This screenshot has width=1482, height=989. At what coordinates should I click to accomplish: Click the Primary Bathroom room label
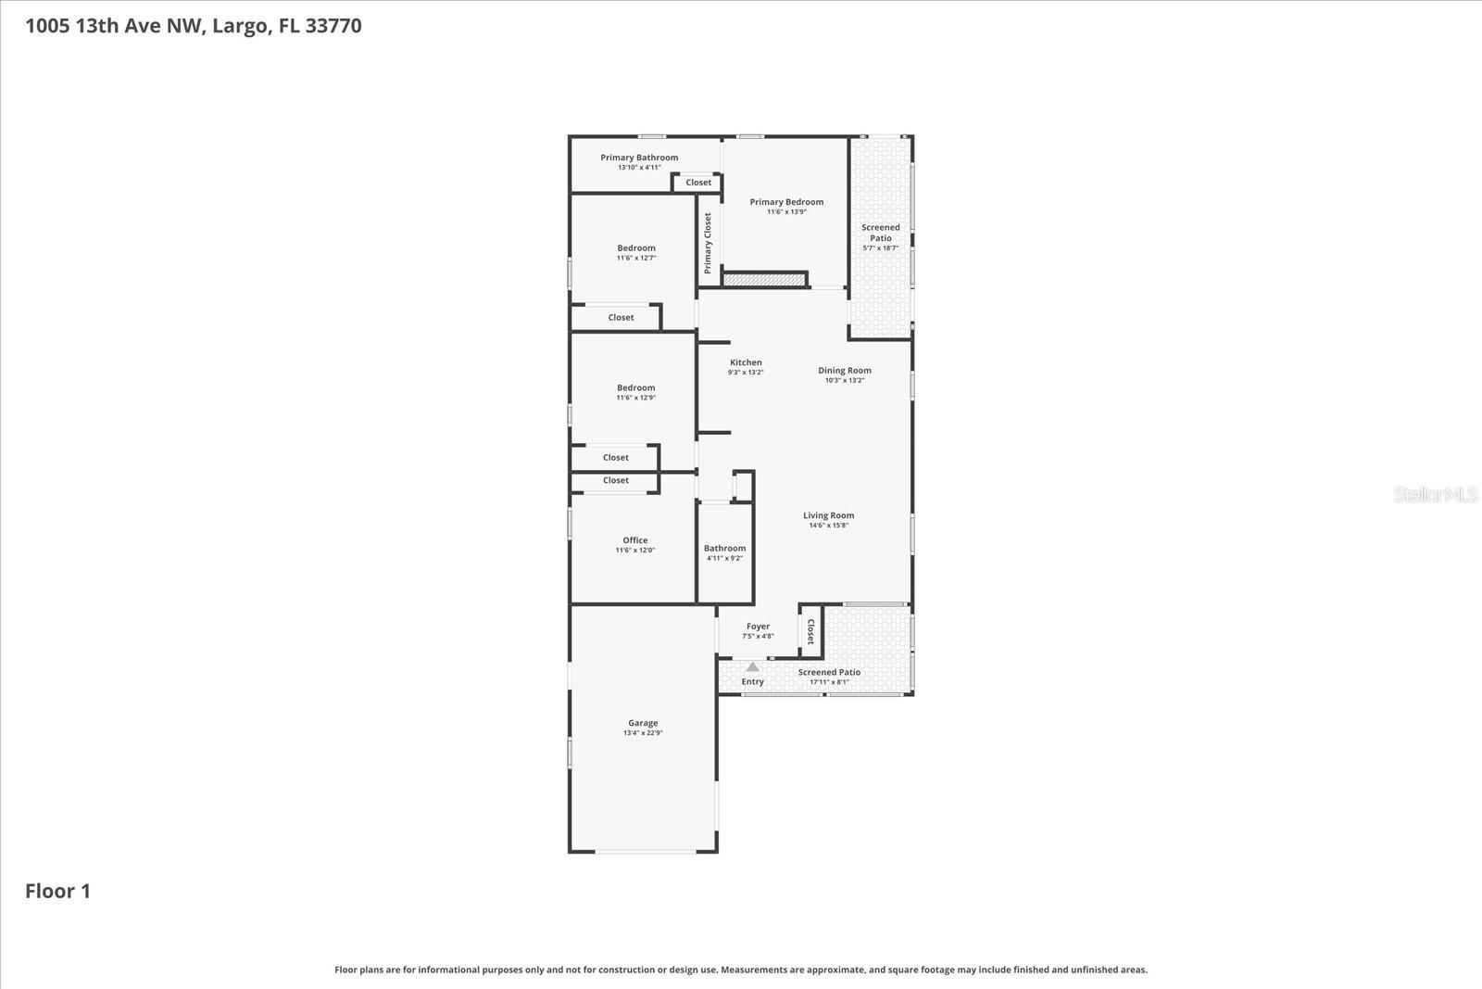pyautogui.click(x=639, y=158)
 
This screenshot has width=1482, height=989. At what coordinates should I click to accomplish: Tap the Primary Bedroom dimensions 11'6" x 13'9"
pyautogui.click(x=786, y=212)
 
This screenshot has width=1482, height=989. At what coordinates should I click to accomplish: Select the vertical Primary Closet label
pyautogui.click(x=708, y=243)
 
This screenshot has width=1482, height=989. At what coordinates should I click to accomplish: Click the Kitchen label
pyautogui.click(x=746, y=362)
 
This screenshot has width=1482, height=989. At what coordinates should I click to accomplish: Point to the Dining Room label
pyautogui.click(x=844, y=370)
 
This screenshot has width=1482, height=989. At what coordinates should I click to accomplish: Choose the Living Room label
pyautogui.click(x=828, y=515)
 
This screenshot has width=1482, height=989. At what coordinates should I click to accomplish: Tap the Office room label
pyautogui.click(x=635, y=540)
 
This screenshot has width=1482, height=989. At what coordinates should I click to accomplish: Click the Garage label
pyautogui.click(x=643, y=723)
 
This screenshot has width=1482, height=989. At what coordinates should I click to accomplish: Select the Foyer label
pyautogui.click(x=758, y=627)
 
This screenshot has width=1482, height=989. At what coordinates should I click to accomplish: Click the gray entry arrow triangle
pyautogui.click(x=753, y=666)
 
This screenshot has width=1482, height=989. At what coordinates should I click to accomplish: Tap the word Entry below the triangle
pyautogui.click(x=753, y=681)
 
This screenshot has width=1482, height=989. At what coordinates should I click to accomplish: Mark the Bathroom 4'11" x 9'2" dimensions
pyautogui.click(x=724, y=558)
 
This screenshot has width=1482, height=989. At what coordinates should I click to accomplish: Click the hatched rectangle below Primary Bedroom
pyautogui.click(x=765, y=279)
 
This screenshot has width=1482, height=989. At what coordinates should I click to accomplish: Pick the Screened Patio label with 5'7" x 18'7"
pyautogui.click(x=880, y=233)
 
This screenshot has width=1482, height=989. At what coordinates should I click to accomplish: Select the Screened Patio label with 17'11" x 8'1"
pyautogui.click(x=829, y=672)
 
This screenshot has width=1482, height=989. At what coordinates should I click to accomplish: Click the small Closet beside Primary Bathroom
pyautogui.click(x=698, y=183)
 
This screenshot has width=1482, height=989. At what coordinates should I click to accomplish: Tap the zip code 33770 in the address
pyautogui.click(x=333, y=26)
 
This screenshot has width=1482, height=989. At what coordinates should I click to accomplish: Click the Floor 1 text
pyautogui.click(x=57, y=891)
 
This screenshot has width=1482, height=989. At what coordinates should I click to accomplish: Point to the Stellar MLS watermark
pyautogui.click(x=1435, y=495)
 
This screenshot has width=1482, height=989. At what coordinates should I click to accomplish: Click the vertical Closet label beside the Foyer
pyautogui.click(x=810, y=632)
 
